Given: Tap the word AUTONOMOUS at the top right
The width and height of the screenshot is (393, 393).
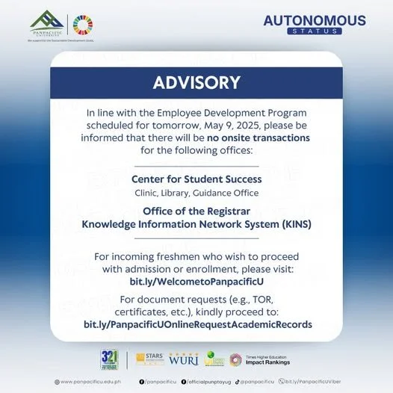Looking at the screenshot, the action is [x=314, y=20].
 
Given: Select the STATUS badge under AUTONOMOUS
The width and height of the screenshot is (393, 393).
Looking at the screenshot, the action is [x=314, y=32].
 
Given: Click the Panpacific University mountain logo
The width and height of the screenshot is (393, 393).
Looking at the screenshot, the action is [x=46, y=21].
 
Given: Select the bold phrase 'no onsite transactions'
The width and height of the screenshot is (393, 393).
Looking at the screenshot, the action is [x=259, y=138].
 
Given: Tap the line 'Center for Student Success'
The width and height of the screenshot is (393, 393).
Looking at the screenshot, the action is [x=196, y=179].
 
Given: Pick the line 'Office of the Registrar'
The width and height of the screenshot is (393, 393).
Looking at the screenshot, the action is [x=196, y=211].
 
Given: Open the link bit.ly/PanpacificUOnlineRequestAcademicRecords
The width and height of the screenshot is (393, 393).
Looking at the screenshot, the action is [x=196, y=324].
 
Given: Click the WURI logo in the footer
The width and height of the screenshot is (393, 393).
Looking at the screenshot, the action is [x=184, y=359].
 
